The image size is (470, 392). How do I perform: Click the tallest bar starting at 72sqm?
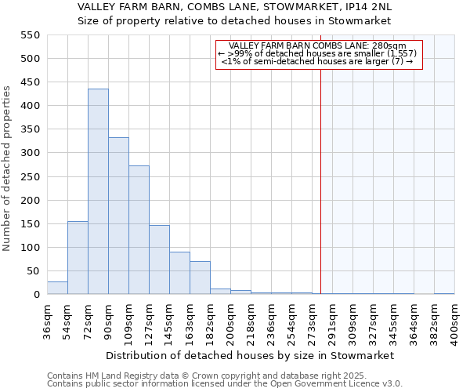click(x=98, y=192)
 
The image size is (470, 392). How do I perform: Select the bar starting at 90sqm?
click(x=118, y=216)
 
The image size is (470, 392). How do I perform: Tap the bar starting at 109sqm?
click(x=139, y=230)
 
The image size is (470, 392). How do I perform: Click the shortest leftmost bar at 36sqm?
click(x=57, y=288)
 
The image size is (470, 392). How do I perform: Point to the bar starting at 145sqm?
click(x=179, y=274)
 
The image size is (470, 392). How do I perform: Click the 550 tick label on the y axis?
click(x=29, y=35)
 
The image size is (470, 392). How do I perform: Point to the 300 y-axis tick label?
click(x=29, y=153)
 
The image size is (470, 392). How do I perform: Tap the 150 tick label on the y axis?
click(x=29, y=224)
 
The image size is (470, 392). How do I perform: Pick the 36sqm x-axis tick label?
click(x=47, y=321)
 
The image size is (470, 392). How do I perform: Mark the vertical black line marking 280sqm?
click(x=320, y=180)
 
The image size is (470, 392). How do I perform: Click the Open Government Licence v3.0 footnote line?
click(x=225, y=384)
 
